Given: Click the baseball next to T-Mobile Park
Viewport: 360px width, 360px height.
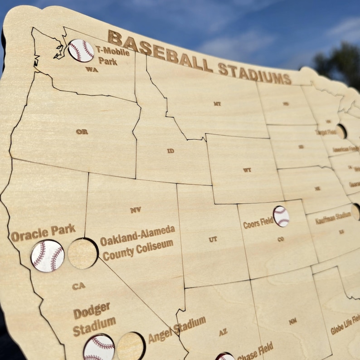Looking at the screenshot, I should [81, 50].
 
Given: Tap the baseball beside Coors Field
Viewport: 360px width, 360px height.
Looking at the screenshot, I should [281, 216].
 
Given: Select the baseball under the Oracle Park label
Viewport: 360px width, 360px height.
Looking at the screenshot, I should [48, 256].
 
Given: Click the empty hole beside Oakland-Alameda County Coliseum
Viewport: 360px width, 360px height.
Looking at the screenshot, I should [83, 253].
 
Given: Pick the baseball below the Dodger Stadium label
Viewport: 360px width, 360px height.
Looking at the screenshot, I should [99, 348].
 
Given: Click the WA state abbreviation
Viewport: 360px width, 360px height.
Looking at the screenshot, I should [92, 69].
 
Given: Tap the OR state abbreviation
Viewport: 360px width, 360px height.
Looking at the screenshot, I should [82, 131].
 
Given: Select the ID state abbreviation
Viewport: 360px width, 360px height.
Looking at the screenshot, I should [170, 151].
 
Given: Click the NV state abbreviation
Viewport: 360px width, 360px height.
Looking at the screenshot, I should [136, 210].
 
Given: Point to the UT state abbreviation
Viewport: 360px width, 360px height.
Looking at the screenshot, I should [213, 239].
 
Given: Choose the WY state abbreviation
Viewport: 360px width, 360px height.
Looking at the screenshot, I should [247, 170].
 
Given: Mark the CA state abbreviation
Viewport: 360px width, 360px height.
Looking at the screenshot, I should [78, 286].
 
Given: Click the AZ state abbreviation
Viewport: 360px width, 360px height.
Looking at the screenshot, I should [223, 332].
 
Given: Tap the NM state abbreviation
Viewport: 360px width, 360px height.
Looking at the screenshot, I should [293, 321].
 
